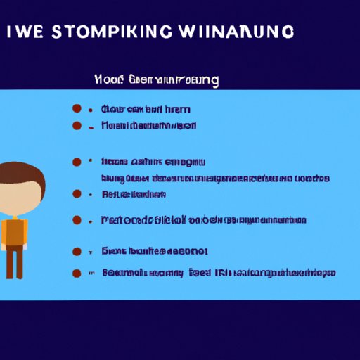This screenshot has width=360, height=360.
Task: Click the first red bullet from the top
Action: [77, 109]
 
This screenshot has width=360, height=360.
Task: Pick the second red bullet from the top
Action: [77, 125]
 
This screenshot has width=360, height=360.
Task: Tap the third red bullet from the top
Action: [77, 162]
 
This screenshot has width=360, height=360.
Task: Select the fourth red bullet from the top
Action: [77, 193]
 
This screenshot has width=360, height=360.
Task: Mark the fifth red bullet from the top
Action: [77, 220]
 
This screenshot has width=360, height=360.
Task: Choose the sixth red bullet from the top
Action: [77, 250]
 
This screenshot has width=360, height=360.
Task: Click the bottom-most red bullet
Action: [77, 272]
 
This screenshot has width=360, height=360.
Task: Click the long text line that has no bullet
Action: [215, 179]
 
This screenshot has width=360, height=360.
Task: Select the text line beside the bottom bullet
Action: [218, 272]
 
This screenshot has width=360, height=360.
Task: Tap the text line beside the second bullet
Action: [148, 125]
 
